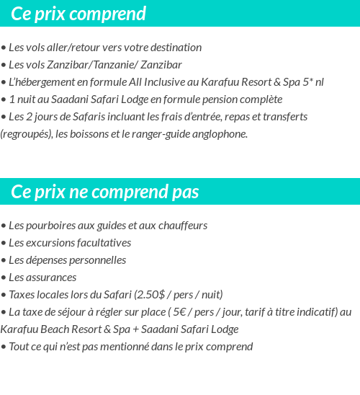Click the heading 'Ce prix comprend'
point(78,14)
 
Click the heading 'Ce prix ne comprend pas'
point(105,192)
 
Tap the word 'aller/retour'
point(76,48)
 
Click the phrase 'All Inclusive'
point(158,82)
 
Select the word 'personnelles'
point(96,260)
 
